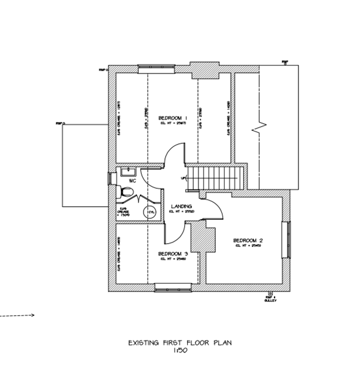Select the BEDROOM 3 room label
(173, 254)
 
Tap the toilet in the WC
(126, 192)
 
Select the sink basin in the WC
(126, 172)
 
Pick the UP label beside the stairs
(182, 179)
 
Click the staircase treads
(214, 178)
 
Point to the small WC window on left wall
(109, 178)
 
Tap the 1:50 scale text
(179, 351)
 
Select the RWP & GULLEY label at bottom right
(269, 298)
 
